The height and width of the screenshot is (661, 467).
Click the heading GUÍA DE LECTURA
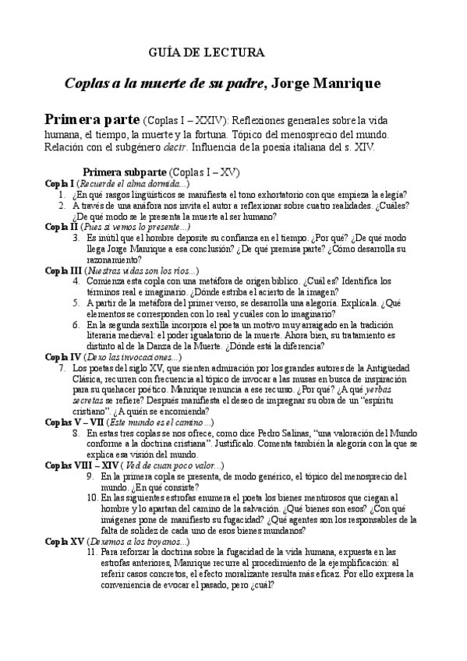click(x=207, y=53)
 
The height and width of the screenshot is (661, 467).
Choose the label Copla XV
click(x=63, y=541)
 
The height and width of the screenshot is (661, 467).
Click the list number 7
click(x=61, y=368)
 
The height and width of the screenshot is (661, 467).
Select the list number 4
click(x=76, y=281)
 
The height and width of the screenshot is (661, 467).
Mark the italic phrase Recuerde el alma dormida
click(x=129, y=183)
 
